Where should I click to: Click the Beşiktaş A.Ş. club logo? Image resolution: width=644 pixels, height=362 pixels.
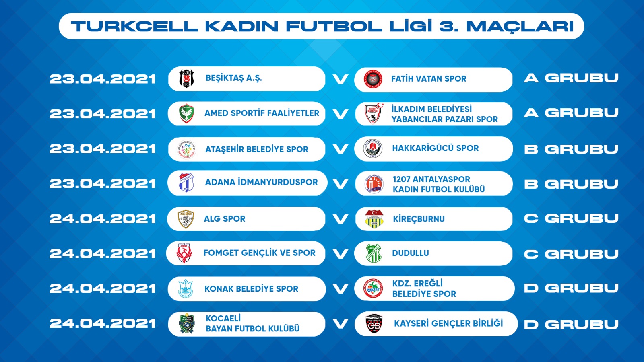click(186, 78)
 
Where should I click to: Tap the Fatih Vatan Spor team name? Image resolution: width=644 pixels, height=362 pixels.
click(429, 79)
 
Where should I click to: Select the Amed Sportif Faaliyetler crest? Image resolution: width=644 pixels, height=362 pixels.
click(186, 113)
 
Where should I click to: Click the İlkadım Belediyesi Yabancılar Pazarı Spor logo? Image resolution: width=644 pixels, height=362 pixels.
click(374, 113)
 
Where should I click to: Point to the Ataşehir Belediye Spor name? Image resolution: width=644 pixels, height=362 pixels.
click(256, 149)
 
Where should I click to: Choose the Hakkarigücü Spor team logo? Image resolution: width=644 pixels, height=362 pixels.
click(373, 149)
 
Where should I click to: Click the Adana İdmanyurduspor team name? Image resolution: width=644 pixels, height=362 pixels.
click(261, 182)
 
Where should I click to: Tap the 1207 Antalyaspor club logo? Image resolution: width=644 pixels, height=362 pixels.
click(374, 183)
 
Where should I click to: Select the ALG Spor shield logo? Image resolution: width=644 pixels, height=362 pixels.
click(186, 219)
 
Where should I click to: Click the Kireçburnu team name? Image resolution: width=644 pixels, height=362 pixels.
click(419, 219)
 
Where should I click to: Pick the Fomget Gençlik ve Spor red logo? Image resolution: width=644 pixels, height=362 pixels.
click(184, 253)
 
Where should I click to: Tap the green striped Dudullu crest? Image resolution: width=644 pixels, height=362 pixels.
click(374, 253)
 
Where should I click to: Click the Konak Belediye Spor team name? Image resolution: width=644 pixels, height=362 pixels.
click(251, 289)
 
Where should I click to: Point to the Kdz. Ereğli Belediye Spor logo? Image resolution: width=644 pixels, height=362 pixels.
click(373, 288)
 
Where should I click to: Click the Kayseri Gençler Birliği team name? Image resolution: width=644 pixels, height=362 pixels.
click(448, 323)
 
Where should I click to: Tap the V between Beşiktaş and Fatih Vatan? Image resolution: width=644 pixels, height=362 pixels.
click(341, 79)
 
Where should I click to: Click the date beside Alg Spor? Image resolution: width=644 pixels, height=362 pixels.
click(103, 219)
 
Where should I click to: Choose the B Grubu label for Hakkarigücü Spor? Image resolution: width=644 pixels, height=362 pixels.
click(571, 149)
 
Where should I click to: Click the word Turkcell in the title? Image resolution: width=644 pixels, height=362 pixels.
click(134, 26)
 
